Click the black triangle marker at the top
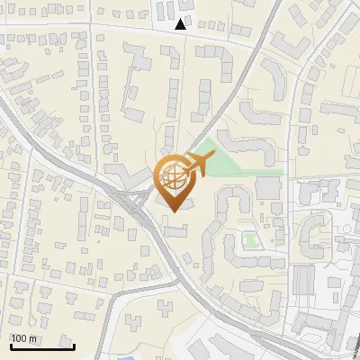pyautogui.click(x=182, y=24)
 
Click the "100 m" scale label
pyautogui.click(x=24, y=338)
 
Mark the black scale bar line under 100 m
pyautogui.click(x=42, y=346)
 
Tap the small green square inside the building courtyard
pyautogui.click(x=249, y=240)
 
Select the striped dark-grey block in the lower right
pyautogui.click(x=303, y=279)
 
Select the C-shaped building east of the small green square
pyautogui.click(x=315, y=232)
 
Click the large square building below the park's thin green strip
pyautogui.click(x=268, y=188)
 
